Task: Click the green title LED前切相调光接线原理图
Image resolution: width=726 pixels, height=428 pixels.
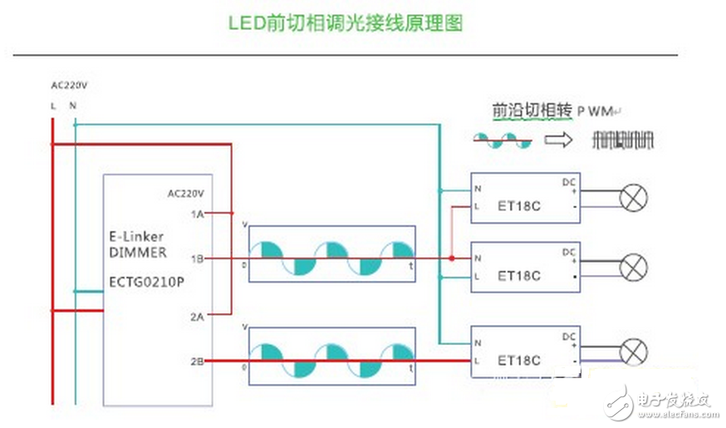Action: coord(345,22)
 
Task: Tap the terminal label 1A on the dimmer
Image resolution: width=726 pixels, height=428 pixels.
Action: coord(197,214)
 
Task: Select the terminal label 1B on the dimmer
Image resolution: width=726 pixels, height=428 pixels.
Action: coord(197,258)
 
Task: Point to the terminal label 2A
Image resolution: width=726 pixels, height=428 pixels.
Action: coord(197,316)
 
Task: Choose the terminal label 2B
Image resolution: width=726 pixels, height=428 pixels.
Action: coord(197,361)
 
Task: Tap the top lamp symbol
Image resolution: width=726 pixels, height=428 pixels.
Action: coord(635,198)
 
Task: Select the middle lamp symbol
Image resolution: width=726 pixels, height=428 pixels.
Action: coord(635,267)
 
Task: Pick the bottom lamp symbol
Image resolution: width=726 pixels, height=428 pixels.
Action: coord(635,352)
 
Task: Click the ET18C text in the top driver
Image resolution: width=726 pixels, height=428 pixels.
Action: coord(519,205)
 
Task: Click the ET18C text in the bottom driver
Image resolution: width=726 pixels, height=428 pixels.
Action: coord(519,360)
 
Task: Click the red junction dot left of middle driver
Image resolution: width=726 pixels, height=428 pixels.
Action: coord(451,258)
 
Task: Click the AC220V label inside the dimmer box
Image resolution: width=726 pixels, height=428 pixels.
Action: coord(186,193)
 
